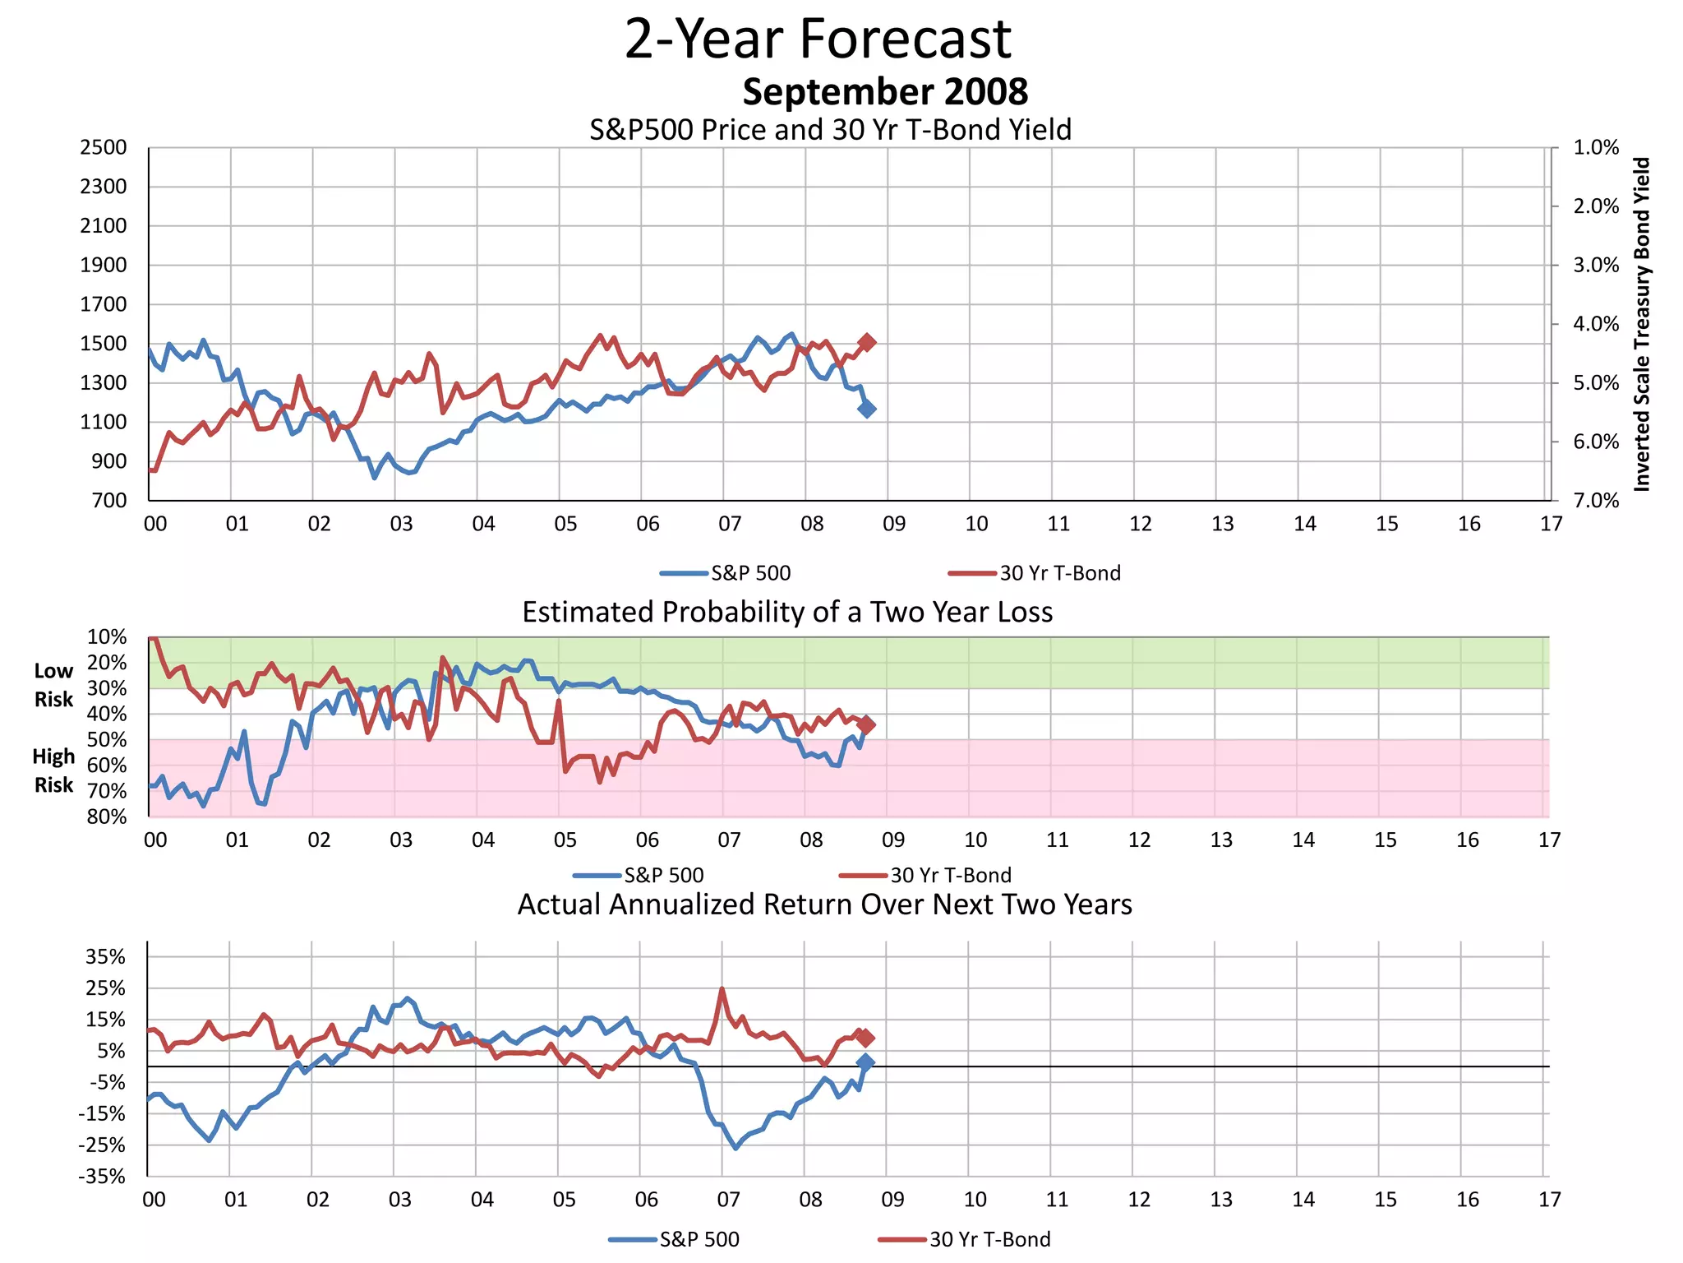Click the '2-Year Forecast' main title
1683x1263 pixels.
818,39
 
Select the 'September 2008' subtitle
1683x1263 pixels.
885,91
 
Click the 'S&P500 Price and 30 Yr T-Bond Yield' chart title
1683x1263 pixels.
830,130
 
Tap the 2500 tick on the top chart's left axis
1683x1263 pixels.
104,148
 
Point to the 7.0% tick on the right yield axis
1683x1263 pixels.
1595,501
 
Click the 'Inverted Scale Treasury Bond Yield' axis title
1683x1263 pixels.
1641,324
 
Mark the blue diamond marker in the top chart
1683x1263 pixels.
867,409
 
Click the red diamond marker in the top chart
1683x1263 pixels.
867,342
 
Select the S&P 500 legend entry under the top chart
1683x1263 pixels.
726,573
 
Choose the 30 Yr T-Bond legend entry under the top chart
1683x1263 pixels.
1035,573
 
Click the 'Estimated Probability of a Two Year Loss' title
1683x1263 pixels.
787,613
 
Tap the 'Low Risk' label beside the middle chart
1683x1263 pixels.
53,685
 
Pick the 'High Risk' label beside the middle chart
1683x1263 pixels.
53,770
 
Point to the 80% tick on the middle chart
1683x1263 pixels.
108,817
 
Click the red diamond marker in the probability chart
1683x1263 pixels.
866,724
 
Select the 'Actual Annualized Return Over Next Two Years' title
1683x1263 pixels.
824,904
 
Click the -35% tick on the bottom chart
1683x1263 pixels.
103,1177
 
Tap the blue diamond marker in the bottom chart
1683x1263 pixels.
865,1062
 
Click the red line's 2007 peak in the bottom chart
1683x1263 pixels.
722,989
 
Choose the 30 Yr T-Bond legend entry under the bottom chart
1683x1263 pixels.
965,1239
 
